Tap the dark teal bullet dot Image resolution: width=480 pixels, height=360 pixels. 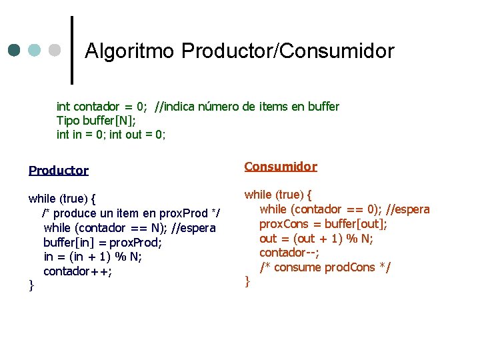point(15,51)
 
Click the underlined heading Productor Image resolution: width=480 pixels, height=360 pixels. point(59,171)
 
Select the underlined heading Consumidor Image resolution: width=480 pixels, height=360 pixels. point(281,167)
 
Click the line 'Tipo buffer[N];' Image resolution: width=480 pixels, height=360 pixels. point(96,121)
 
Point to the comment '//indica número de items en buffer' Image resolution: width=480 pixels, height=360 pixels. point(247,107)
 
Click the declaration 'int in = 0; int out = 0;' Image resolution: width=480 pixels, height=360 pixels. point(111,135)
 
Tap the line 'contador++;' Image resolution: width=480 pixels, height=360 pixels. point(77,271)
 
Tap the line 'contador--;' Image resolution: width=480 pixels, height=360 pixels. point(289,253)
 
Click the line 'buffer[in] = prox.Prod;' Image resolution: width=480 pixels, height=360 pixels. point(103,243)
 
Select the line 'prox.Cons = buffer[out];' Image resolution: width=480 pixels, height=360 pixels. point(323,224)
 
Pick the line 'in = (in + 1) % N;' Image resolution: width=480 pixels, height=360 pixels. point(93,257)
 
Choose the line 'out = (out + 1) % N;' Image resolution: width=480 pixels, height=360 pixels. point(316,239)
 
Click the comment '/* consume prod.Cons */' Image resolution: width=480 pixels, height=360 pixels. point(325,267)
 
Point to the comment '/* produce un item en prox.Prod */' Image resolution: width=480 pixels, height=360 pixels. point(131,213)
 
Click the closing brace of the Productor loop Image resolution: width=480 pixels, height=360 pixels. point(31,285)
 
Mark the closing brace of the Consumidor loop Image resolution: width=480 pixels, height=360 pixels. point(247,281)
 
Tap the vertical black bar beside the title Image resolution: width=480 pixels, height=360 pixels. point(71,50)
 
